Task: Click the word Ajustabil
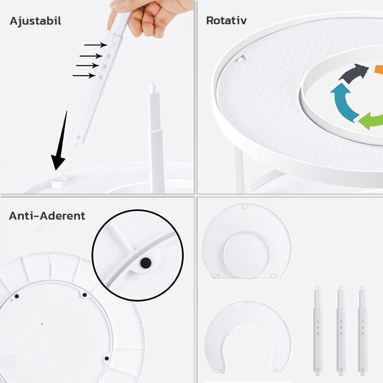click(35, 21)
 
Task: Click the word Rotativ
click(226, 21)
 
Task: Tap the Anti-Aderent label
click(47, 216)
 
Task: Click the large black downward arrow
click(60, 141)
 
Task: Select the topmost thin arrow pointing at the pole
click(96, 45)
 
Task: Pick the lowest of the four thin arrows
click(84, 75)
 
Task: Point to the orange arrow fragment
click(379, 69)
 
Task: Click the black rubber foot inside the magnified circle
click(146, 263)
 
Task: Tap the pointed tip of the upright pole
click(152, 84)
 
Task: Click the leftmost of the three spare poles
click(318, 331)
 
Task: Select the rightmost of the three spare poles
click(362, 331)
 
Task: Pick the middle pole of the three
click(341, 331)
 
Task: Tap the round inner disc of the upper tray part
click(247, 254)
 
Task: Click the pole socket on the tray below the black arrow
click(60, 182)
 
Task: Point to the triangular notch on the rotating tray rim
click(241, 58)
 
